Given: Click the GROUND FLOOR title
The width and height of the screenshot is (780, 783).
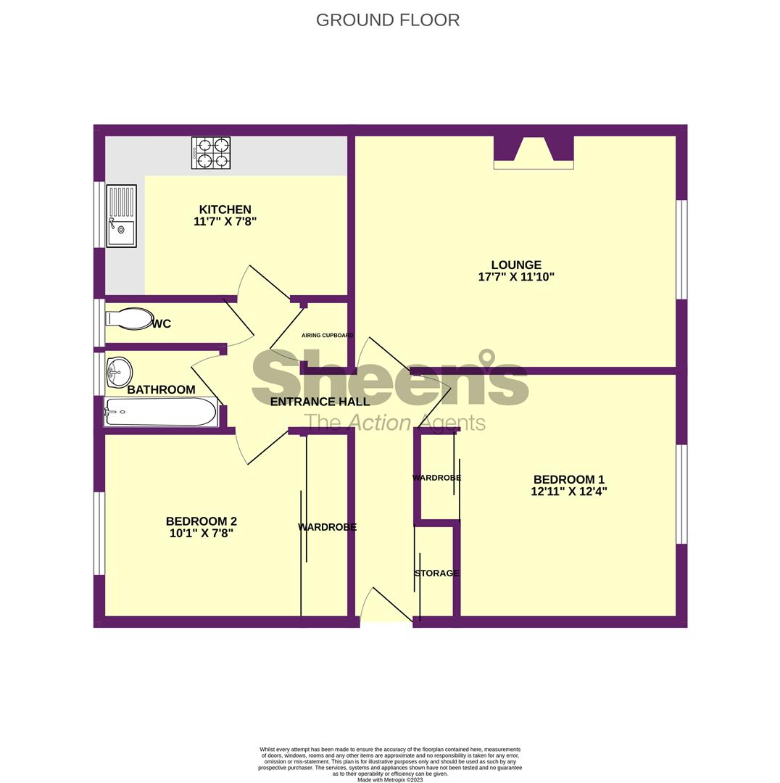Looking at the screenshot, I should [388, 20].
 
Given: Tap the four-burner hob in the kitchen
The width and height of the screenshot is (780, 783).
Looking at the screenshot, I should [211, 153].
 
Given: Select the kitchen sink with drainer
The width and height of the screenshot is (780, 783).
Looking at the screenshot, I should [121, 216].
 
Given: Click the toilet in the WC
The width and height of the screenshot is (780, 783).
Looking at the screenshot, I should [128, 319].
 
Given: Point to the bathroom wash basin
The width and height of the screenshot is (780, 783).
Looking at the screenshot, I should [118, 372].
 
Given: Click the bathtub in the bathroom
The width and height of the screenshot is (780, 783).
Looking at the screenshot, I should [160, 413].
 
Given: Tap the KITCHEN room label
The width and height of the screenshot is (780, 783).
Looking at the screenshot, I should [225, 210].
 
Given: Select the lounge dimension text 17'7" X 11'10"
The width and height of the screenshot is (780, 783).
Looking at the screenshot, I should [516, 277].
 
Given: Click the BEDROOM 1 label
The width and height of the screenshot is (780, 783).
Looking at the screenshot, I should [568, 479].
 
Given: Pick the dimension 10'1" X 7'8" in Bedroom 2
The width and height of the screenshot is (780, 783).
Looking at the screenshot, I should [202, 533].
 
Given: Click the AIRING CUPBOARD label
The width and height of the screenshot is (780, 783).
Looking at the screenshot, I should [327, 336].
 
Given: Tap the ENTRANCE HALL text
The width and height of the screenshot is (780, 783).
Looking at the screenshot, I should [320, 402].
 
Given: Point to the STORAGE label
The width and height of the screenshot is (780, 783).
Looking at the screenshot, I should [436, 573].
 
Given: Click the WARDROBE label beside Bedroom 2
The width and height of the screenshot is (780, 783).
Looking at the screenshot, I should [327, 527].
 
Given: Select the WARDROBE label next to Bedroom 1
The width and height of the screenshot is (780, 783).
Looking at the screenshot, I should [436, 478].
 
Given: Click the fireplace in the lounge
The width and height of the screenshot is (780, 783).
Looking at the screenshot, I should [534, 152].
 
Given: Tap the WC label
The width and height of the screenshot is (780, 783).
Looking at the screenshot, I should [162, 324].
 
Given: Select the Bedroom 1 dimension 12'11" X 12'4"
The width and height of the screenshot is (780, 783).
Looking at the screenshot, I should [568, 492].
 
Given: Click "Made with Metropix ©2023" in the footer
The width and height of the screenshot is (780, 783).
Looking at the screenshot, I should [390, 779].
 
